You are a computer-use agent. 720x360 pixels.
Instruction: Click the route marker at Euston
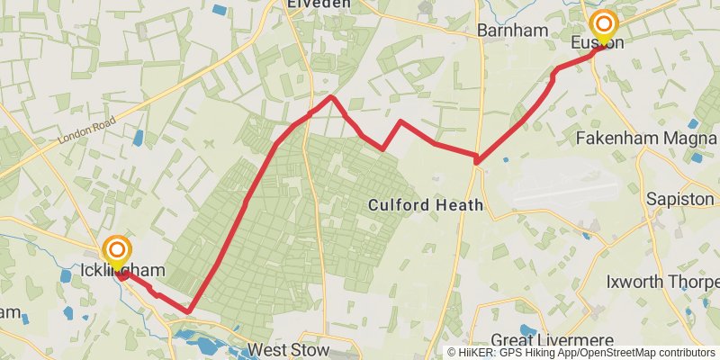click(x=601, y=24)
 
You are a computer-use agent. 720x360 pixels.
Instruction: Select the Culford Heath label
click(x=426, y=205)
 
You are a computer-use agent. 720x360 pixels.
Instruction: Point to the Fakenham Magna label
click(x=645, y=139)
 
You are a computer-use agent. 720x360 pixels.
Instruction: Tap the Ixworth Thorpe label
click(x=661, y=282)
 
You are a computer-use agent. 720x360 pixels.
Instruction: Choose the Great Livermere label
click(x=552, y=340)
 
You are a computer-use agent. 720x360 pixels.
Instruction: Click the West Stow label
click(x=288, y=349)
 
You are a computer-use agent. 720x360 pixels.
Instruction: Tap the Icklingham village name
click(x=122, y=270)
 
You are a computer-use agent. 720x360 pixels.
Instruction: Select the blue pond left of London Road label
click(x=137, y=138)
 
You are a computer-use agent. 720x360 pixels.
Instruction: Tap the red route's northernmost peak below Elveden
click(x=332, y=96)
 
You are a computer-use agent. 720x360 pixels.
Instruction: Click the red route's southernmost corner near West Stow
click(x=189, y=311)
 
